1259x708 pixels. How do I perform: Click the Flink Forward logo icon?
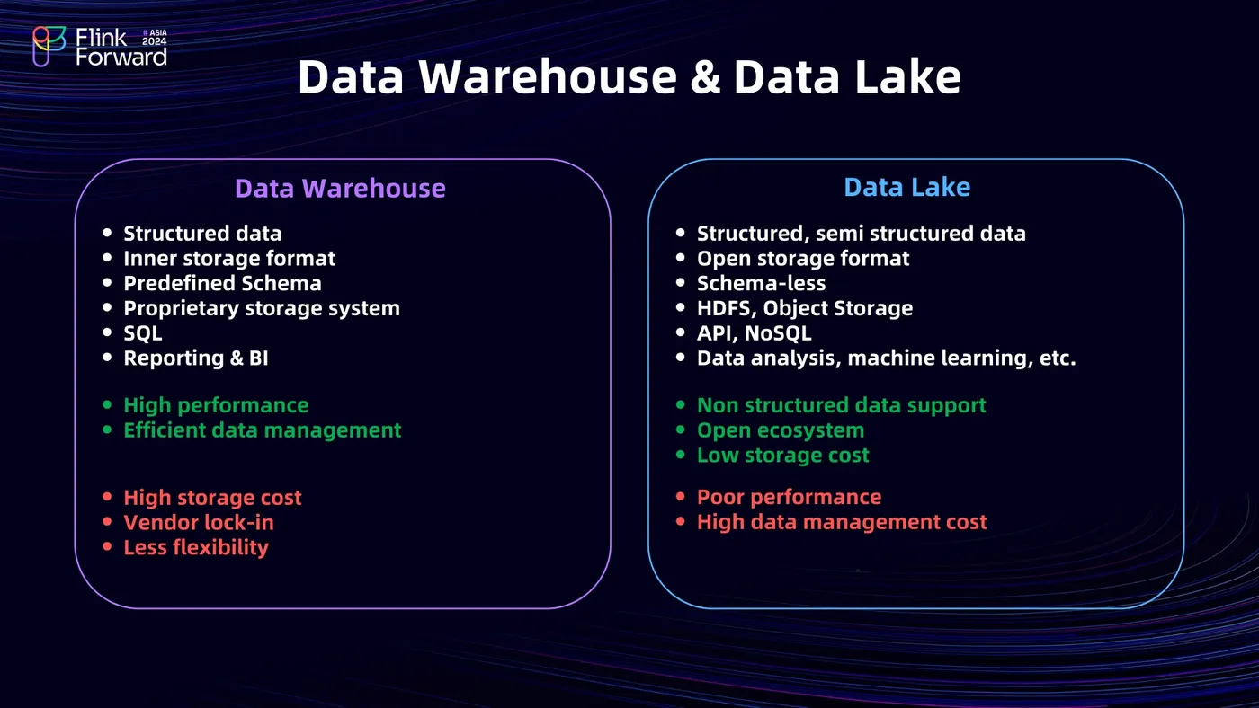click(49, 46)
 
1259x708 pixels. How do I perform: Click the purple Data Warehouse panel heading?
click(340, 188)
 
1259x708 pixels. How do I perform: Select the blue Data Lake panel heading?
click(906, 187)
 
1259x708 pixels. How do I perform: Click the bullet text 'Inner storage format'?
click(228, 259)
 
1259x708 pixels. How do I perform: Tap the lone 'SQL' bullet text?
click(143, 333)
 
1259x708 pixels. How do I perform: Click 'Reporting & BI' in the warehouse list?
click(195, 358)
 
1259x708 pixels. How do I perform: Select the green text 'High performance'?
click(215, 405)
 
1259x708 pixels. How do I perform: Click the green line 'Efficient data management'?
click(262, 430)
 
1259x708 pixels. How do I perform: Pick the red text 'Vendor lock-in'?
click(198, 522)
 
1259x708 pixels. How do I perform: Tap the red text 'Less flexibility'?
click(195, 547)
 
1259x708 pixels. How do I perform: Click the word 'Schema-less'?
click(761, 283)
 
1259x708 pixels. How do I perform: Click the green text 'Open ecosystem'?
click(780, 430)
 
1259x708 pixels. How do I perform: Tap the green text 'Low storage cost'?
click(782, 456)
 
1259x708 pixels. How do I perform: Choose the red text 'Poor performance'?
click(789, 497)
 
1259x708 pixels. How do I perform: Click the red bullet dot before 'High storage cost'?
click(107, 498)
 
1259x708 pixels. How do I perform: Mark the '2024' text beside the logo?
click(154, 41)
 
